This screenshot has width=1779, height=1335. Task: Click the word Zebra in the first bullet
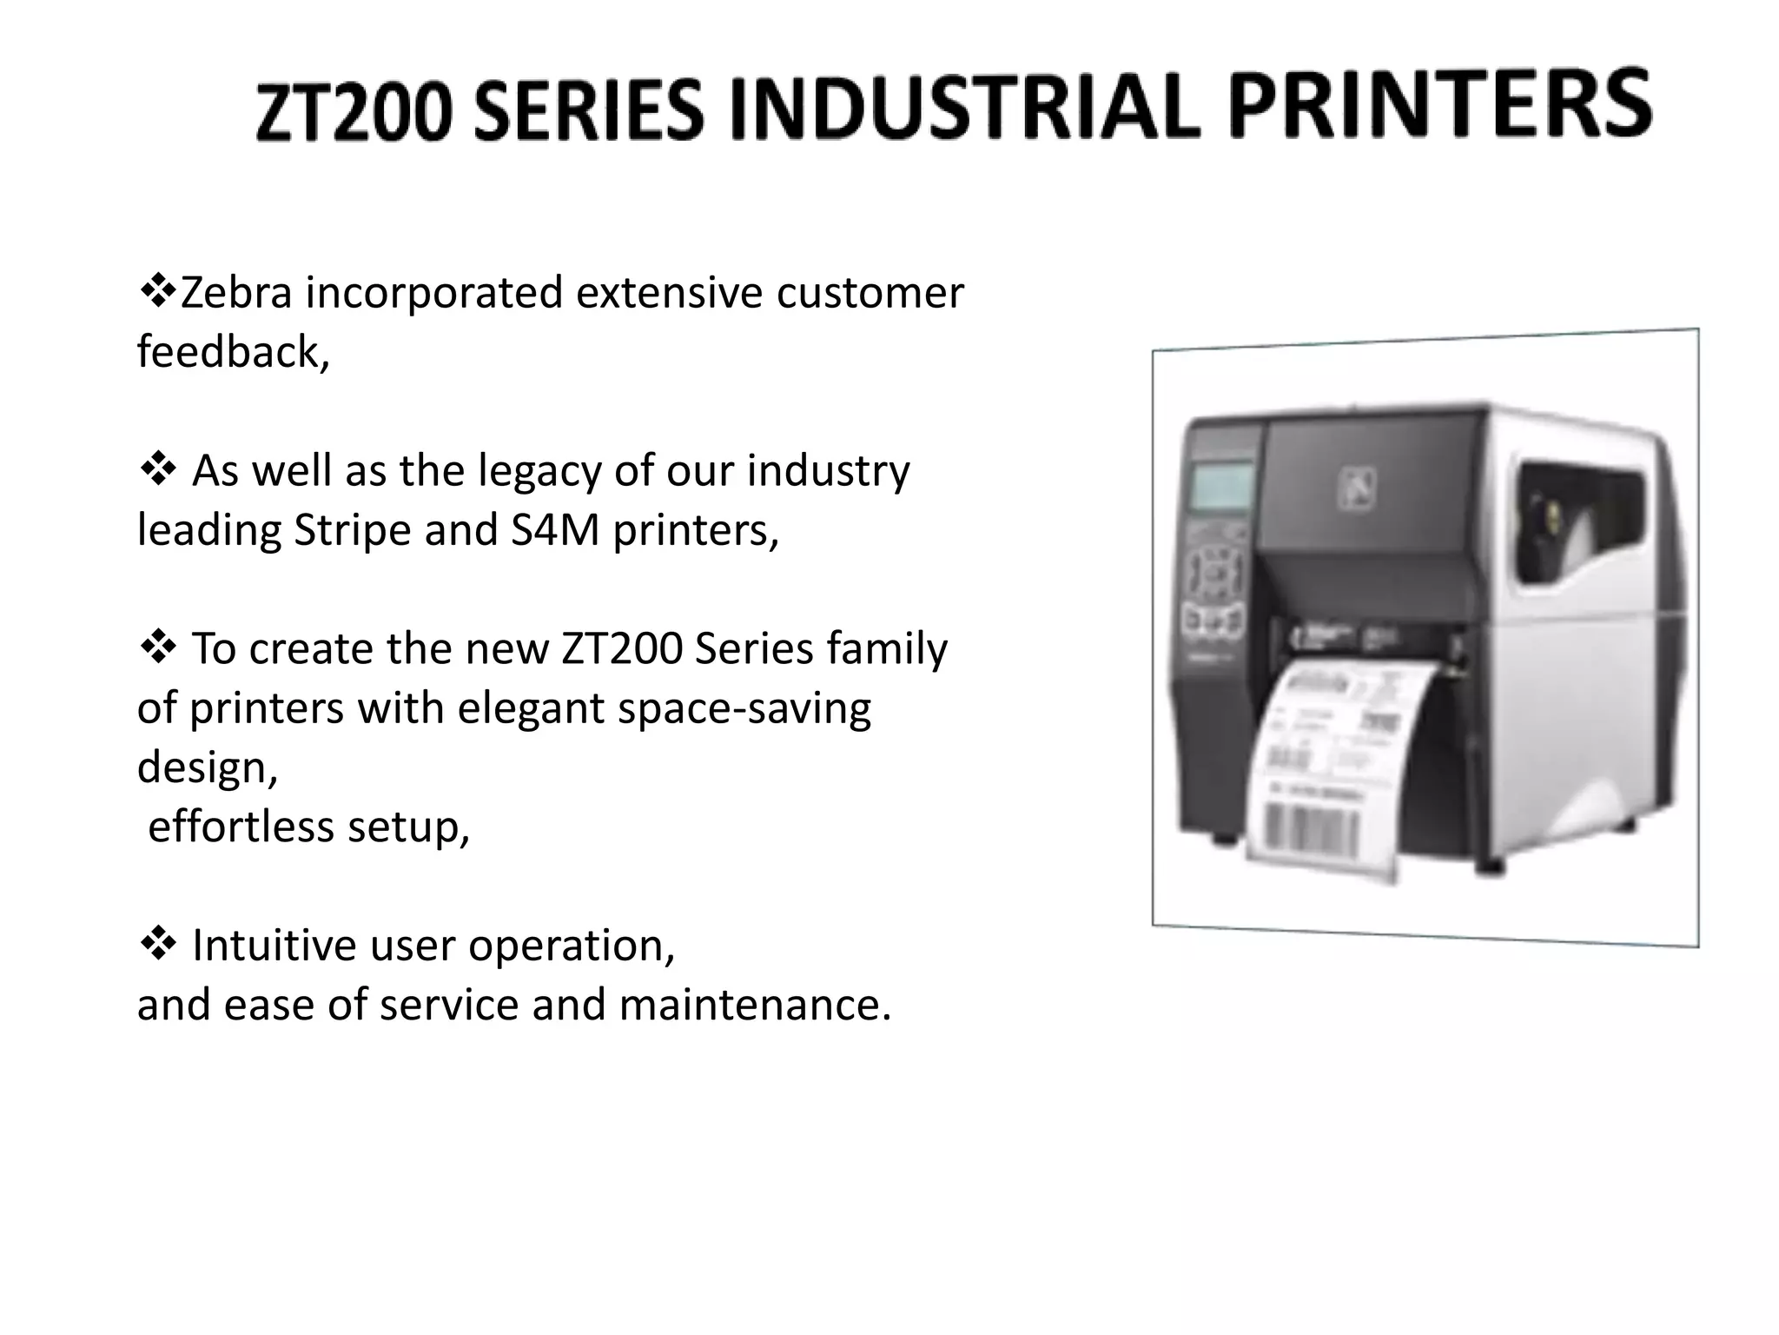pos(235,293)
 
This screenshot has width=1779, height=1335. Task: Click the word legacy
pos(539,472)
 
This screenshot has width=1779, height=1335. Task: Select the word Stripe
pos(351,530)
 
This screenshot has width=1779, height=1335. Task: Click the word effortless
pos(241,827)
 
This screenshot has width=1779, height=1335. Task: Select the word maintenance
pos(754,1006)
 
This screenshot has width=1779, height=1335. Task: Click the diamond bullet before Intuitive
pos(157,945)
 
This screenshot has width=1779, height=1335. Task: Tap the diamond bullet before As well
pos(157,470)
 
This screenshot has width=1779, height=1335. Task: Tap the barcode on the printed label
pos(1310,827)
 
